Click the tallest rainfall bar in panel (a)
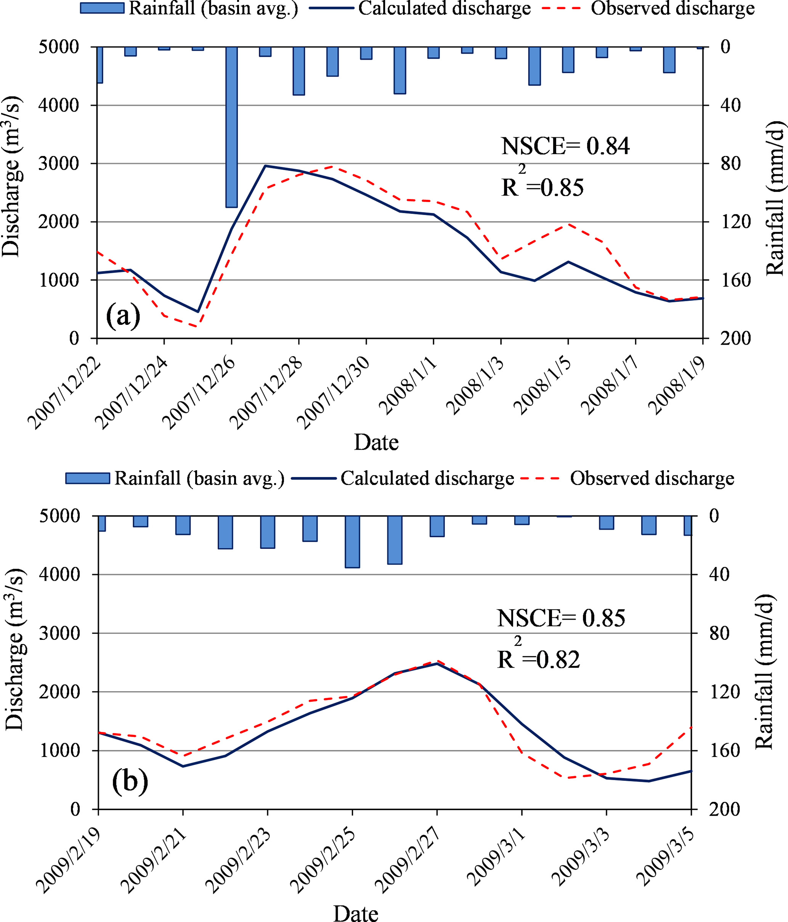click(231, 127)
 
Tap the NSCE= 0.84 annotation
click(565, 146)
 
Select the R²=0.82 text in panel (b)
click(538, 659)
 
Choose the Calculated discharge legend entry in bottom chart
click(403, 479)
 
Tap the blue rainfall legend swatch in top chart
click(102, 8)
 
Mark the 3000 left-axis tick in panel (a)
click(59, 163)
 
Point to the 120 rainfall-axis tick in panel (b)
click(724, 692)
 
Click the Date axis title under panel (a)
click(376, 442)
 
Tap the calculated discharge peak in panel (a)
click(265, 166)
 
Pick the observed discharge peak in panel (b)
click(437, 661)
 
